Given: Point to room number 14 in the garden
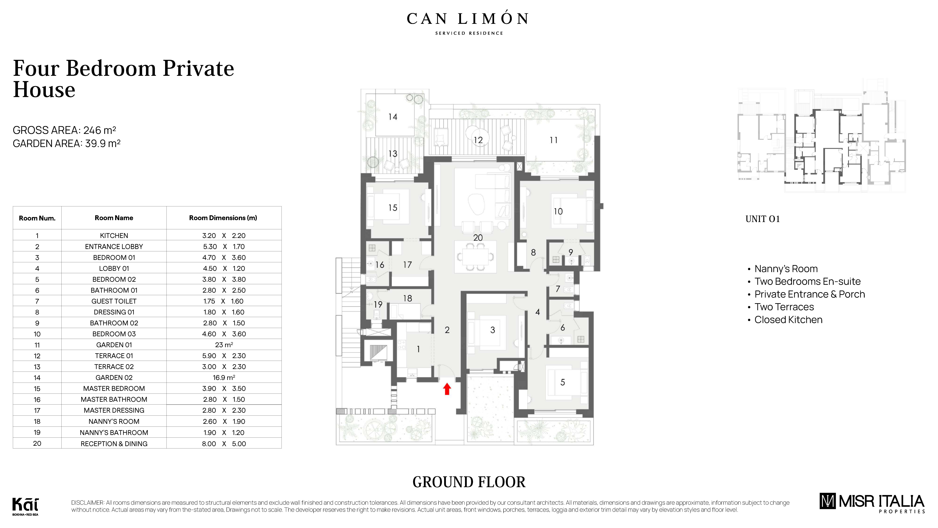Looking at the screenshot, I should pyautogui.click(x=393, y=117).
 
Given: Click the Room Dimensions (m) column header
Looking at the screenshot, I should pyautogui.click(x=223, y=218).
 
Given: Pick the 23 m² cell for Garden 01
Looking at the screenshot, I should pyautogui.click(x=224, y=345).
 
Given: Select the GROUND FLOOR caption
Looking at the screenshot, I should pyautogui.click(x=469, y=482).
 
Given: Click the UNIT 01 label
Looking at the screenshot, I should pyautogui.click(x=762, y=219).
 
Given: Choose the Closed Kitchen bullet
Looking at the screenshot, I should pyautogui.click(x=788, y=320).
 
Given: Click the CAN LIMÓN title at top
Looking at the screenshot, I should pyautogui.click(x=468, y=19).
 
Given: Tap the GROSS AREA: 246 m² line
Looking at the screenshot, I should pyautogui.click(x=64, y=130).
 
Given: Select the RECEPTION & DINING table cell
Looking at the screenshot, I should pyautogui.click(x=114, y=444).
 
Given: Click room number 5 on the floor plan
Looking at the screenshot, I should pyautogui.click(x=563, y=382).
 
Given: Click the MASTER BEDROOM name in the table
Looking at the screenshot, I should pyautogui.click(x=114, y=388).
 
